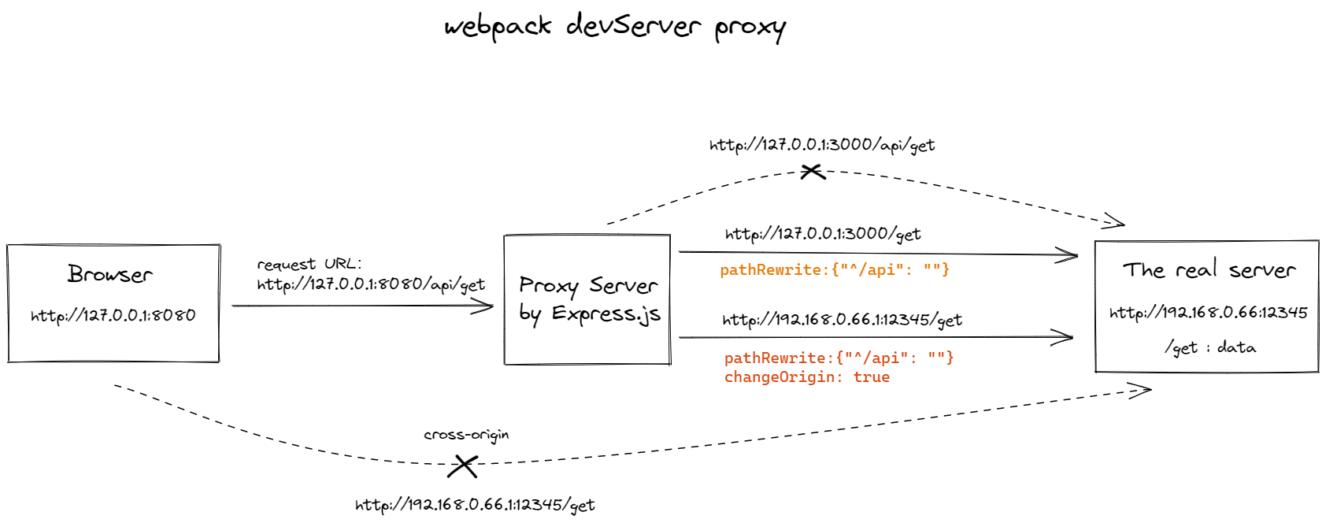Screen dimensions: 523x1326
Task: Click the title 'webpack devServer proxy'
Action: pyautogui.click(x=614, y=27)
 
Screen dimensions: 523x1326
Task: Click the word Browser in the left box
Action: pyautogui.click(x=110, y=274)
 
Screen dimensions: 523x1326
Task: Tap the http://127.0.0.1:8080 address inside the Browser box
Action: pyautogui.click(x=113, y=316)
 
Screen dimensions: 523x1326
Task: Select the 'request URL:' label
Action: pyautogui.click(x=309, y=264)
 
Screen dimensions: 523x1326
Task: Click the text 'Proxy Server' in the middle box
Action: pyautogui.click(x=587, y=285)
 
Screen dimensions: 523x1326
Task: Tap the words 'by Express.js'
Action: pyautogui.click(x=589, y=314)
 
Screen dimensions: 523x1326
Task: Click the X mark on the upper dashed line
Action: pyautogui.click(x=812, y=171)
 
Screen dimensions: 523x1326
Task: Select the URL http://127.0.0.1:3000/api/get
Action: pyautogui.click(x=821, y=145)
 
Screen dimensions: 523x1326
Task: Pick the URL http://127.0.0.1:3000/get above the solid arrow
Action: pyautogui.click(x=822, y=234)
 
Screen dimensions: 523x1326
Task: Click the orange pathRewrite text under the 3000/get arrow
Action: pyautogui.click(x=834, y=270)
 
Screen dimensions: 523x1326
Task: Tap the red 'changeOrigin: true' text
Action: pyautogui.click(x=806, y=377)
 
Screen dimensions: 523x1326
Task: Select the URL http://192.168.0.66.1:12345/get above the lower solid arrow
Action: pyautogui.click(x=842, y=320)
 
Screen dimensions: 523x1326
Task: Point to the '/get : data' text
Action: pyautogui.click(x=1210, y=347)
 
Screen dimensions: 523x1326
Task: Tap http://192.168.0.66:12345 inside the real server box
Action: pyautogui.click(x=1208, y=313)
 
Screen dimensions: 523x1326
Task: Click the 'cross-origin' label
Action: pyautogui.click(x=466, y=435)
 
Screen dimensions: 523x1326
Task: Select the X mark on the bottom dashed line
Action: pyautogui.click(x=463, y=466)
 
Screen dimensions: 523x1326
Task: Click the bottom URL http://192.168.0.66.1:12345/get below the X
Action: pyautogui.click(x=475, y=505)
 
